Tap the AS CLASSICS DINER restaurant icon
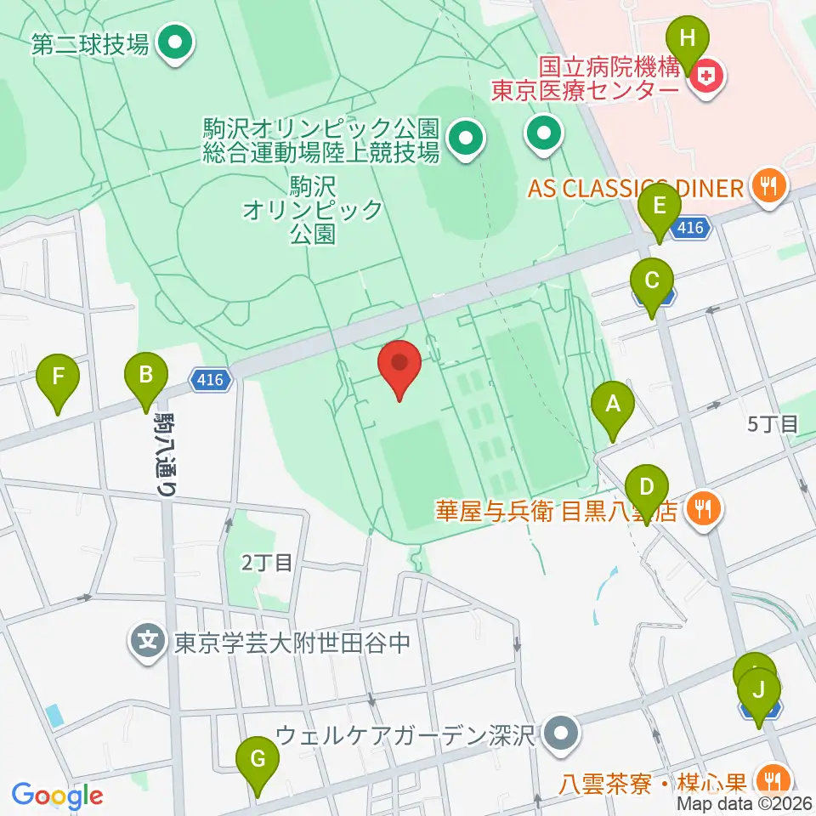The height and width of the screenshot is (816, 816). point(770,186)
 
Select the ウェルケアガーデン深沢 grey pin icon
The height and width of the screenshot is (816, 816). point(560,733)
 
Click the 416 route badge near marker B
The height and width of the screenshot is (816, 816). point(210,380)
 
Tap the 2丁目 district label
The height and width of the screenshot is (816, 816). point(267,562)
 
